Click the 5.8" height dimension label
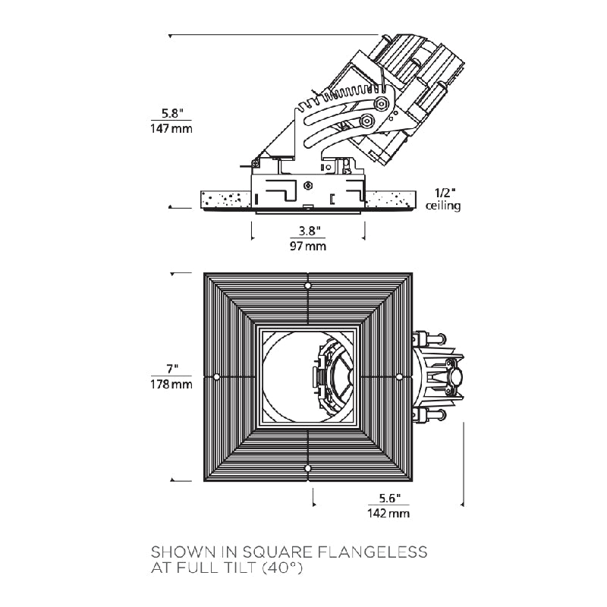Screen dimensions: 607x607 click(x=171, y=113)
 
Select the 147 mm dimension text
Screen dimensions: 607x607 click(x=171, y=128)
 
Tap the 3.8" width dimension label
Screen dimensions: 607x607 click(x=307, y=231)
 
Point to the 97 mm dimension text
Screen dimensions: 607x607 click(x=307, y=246)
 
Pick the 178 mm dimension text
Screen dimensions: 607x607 click(x=171, y=384)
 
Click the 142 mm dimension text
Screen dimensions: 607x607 click(x=388, y=514)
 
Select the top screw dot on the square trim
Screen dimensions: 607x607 click(x=307, y=285)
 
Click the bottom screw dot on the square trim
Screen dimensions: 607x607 click(x=307, y=468)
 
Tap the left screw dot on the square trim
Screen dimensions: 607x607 click(x=217, y=376)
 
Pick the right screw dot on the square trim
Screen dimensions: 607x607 click(x=398, y=376)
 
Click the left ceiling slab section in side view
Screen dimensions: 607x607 click(x=225, y=200)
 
